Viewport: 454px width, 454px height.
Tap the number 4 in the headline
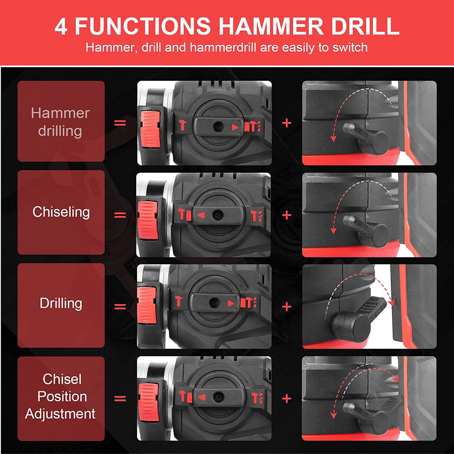[x=61, y=27]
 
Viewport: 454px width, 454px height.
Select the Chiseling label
[x=61, y=212]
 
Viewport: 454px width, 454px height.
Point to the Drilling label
[x=61, y=303]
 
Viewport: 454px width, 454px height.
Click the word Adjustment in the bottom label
[x=60, y=414]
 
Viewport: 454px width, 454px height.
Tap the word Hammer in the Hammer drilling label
[x=60, y=113]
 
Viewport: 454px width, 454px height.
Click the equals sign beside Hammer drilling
[x=120, y=123]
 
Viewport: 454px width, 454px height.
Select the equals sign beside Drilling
[x=120, y=306]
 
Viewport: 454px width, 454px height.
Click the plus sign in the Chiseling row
[x=286, y=215]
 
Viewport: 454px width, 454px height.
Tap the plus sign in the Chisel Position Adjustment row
[x=286, y=399]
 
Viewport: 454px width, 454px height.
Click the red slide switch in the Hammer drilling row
[x=150, y=129]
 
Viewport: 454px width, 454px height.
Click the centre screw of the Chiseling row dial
[x=218, y=215]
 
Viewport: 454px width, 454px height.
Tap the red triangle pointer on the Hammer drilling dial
[x=235, y=127]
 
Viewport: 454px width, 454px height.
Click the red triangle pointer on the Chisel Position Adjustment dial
[x=202, y=398]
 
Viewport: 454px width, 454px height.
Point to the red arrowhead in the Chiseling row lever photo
[x=333, y=230]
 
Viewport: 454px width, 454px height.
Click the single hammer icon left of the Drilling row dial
[x=179, y=301]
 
